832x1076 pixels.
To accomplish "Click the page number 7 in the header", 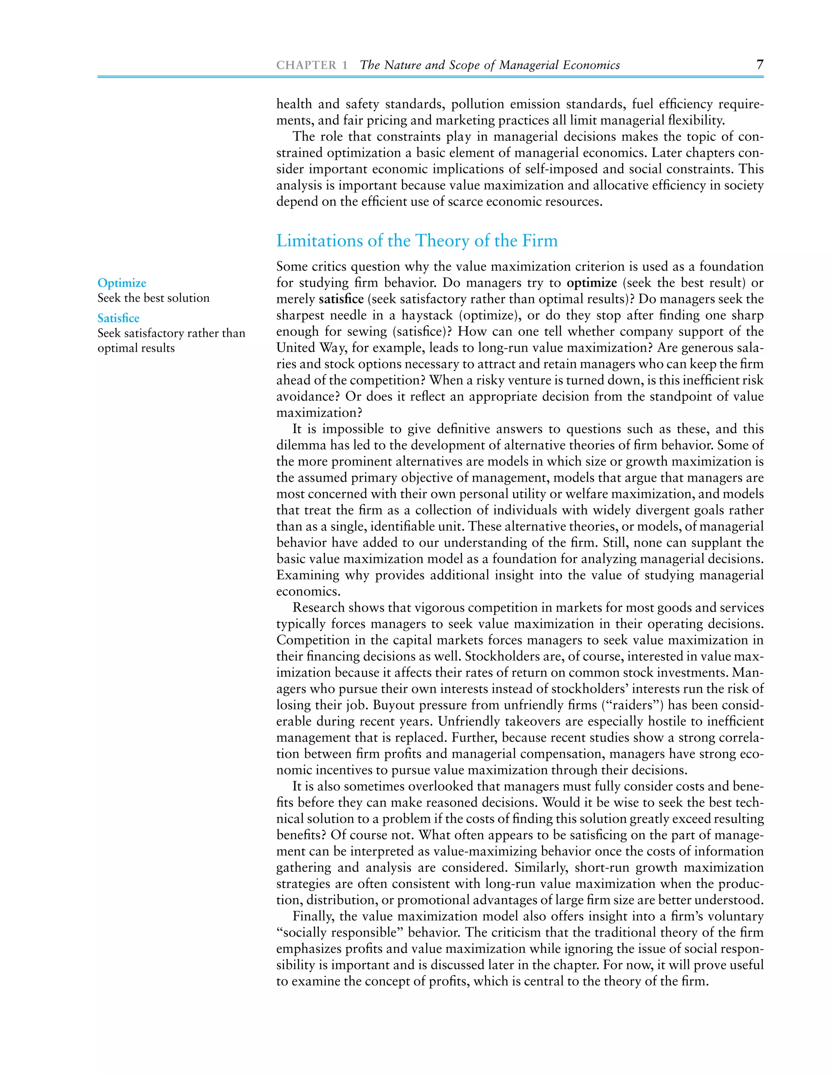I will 760,65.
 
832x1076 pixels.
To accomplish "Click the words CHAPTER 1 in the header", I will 312,65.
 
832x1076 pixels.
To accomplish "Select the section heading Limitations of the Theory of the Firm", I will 416,240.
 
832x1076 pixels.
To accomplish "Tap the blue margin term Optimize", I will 122,283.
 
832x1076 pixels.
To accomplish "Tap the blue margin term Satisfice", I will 118,318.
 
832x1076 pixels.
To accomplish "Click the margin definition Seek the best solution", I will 153,298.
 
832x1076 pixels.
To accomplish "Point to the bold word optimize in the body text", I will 591,283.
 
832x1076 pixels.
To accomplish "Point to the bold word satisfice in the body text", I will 341,299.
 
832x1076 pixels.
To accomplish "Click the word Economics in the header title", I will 591,65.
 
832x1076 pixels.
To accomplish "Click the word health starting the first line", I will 294,104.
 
